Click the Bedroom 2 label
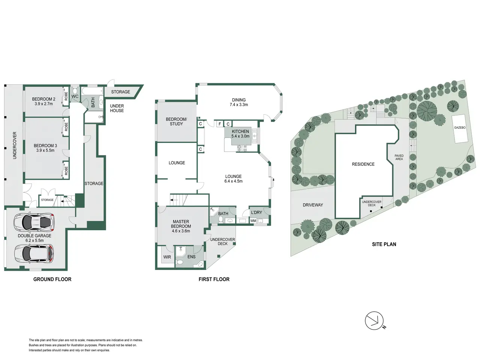point(43,99)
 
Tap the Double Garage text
point(34,235)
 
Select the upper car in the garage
point(34,222)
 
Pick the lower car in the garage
point(34,253)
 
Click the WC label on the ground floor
point(75,96)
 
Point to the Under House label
point(117,108)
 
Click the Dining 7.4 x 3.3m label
point(239,102)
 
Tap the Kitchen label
point(240,131)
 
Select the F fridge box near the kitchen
point(220,124)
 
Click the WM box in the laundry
point(253,221)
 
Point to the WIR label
point(167,257)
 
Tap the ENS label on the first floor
point(191,256)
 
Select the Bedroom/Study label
point(176,121)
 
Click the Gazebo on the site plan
point(460,129)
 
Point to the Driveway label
point(313,205)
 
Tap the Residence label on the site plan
point(363,164)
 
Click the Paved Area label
point(399,157)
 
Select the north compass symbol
point(374,320)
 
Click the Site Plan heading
point(384,244)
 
